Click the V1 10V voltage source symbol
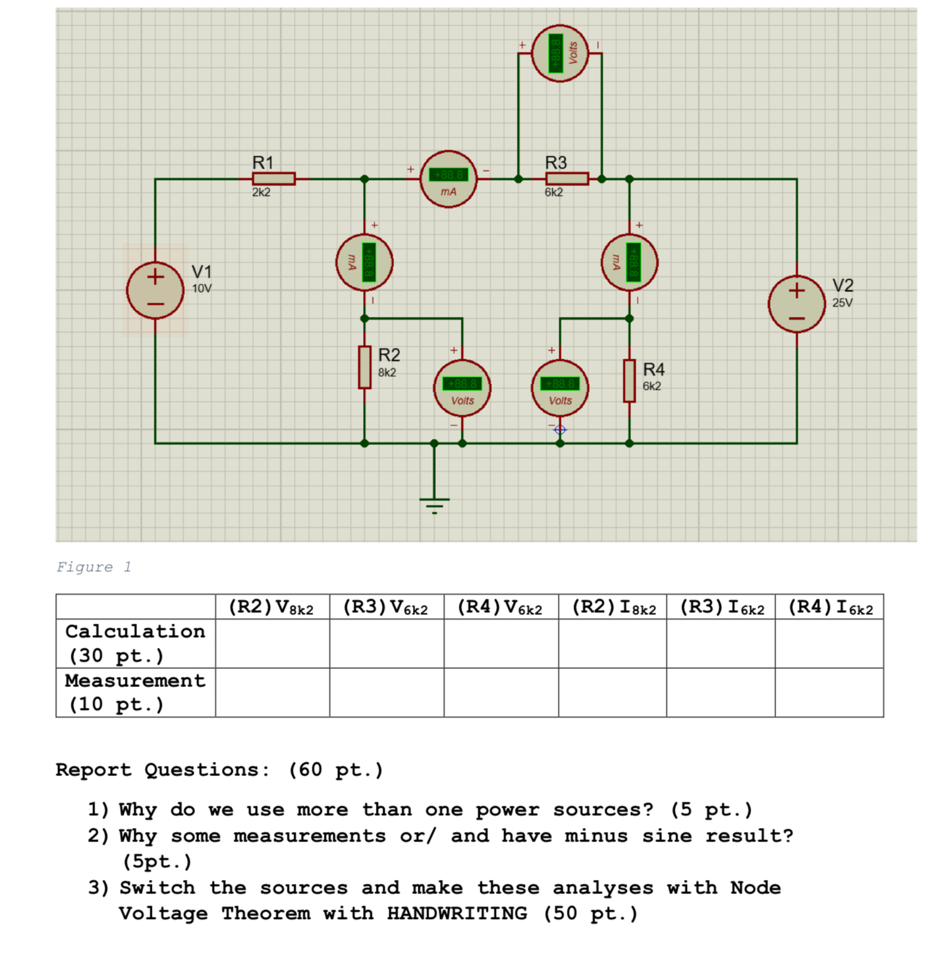[x=155, y=290]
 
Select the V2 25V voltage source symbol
[x=796, y=303]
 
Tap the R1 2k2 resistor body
[x=273, y=179]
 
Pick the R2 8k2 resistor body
[x=364, y=367]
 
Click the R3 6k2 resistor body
[x=567, y=179]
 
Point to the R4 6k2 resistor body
[x=629, y=381]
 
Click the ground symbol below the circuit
[x=434, y=502]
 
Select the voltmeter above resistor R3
[x=559, y=53]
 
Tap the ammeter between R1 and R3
[x=449, y=179]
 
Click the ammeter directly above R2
[x=364, y=262]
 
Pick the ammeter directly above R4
[x=629, y=262]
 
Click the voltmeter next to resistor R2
[x=462, y=388]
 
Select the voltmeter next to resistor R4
[x=559, y=388]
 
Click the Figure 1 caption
[x=94, y=566]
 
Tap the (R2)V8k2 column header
[x=272, y=607]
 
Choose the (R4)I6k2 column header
[x=830, y=607]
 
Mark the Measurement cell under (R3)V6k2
[x=387, y=692]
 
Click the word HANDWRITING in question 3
[x=457, y=913]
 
